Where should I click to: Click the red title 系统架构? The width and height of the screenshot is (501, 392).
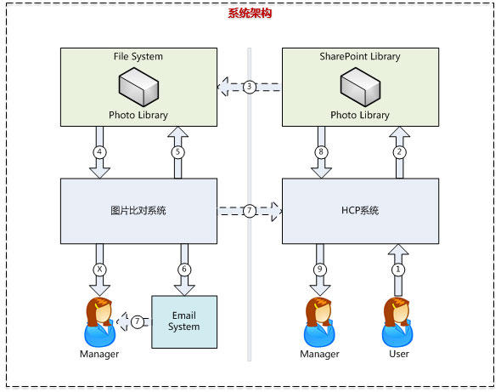250,14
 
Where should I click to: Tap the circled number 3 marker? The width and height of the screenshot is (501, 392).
250,87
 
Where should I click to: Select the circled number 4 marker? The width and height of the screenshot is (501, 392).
99,152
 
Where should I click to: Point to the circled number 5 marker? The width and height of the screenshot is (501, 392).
178,152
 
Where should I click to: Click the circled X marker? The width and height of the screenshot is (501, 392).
99,270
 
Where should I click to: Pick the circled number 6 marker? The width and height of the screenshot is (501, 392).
184,270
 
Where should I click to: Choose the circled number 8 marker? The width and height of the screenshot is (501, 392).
321,152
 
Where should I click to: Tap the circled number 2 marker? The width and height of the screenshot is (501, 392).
399,152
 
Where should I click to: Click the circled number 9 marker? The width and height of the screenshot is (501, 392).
320,270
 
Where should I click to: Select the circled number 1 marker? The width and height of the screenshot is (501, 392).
398,270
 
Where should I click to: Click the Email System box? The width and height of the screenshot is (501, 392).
184,322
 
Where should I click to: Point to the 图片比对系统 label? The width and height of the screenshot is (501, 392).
138,211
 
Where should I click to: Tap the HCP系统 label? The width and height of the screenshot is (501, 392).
360,211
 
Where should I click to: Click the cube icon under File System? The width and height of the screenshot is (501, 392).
138,87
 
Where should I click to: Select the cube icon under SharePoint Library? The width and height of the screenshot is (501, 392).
360,87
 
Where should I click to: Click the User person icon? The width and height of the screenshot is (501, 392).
397,322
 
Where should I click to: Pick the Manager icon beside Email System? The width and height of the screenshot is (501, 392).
99,322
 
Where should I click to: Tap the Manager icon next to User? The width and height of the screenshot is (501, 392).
319,322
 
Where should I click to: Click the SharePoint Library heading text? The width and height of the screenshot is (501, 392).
360,57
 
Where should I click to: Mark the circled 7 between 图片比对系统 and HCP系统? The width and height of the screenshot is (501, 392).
250,211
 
